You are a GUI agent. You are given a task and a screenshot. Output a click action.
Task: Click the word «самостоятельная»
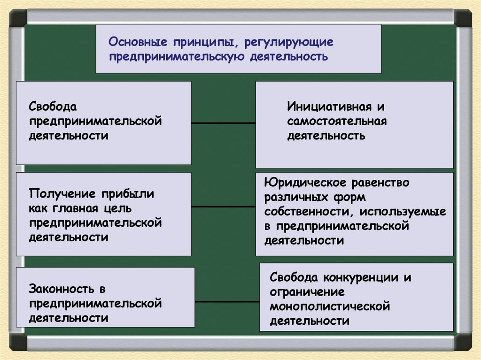pyautogui.click(x=337, y=122)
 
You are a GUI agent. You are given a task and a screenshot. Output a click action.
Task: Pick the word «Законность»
pyautogui.click(x=61, y=288)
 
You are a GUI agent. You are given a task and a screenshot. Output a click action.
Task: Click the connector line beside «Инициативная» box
pyautogui.click(x=223, y=123)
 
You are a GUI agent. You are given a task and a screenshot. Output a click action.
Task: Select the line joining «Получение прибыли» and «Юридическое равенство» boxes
pyautogui.click(x=223, y=206)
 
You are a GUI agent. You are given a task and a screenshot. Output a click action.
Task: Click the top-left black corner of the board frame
pyautogui.click(x=18, y=18)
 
